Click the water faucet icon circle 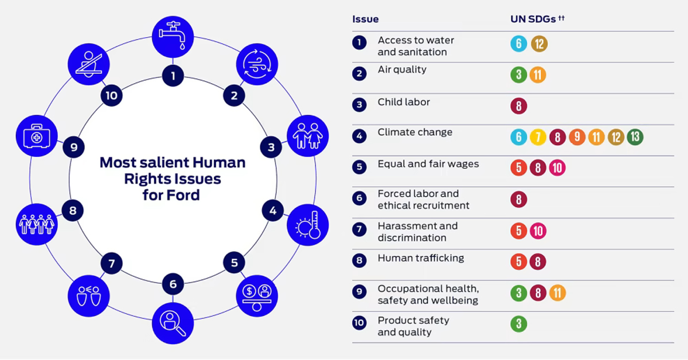[173, 37]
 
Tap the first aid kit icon [37, 136]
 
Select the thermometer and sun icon [308, 225]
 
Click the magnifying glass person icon [173, 323]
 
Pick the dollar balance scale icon [257, 296]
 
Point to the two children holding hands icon [308, 136]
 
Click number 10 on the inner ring [111, 96]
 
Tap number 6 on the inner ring [173, 284]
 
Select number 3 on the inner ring [271, 147]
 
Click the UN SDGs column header [538, 19]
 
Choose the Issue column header [365, 19]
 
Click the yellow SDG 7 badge [538, 137]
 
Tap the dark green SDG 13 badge [635, 137]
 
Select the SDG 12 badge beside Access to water [540, 44]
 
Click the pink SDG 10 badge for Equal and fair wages [557, 168]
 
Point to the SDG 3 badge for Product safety [519, 324]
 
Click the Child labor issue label [404, 102]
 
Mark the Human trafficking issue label [421, 258]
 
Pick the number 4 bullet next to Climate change [359, 136]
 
